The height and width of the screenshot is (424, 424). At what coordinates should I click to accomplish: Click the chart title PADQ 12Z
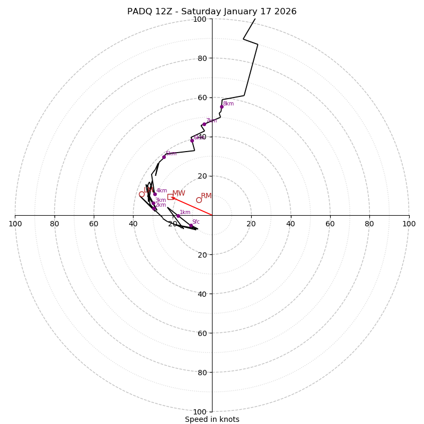211,12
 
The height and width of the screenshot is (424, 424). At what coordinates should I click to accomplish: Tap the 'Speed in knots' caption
212,419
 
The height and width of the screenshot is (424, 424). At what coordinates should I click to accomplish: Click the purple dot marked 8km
222,107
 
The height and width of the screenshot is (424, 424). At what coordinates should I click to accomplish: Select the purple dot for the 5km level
164,157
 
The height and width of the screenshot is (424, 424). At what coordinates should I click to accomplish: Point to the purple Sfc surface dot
191,226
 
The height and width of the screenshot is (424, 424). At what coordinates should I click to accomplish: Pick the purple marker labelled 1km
178,216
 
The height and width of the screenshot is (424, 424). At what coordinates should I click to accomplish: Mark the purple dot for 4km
155,194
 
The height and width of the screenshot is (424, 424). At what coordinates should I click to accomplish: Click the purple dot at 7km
204,125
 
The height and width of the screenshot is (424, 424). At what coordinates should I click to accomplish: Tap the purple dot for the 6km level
192,140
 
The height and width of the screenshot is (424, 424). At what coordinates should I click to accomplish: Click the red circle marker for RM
199,200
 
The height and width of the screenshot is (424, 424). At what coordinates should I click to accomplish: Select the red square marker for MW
170,197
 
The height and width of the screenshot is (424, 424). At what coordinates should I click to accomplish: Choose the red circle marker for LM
142,194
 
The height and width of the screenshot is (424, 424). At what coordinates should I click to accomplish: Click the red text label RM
206,196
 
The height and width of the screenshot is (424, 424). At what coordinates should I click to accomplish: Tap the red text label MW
179,193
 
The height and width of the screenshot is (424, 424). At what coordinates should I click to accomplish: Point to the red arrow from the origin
192,206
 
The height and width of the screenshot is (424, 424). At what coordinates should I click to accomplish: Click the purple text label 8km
228,104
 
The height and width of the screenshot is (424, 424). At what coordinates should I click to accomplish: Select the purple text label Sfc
196,222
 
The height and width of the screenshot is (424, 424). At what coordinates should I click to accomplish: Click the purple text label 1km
185,213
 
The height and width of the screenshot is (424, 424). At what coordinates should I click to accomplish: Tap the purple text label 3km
161,200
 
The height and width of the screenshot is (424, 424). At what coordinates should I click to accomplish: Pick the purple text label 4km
162,191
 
